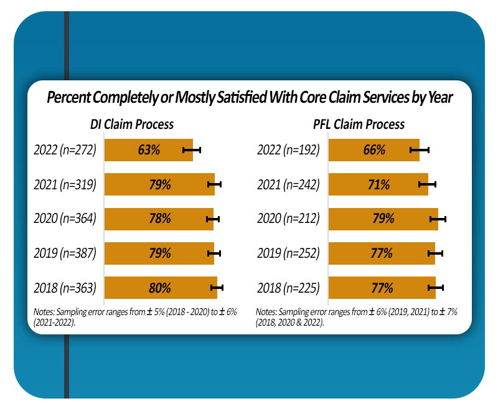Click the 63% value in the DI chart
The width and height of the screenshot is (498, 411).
coord(149,150)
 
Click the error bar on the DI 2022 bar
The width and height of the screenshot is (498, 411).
coord(192,150)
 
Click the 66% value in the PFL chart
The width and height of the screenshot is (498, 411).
coord(374,150)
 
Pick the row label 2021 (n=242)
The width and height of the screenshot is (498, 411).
coord(288,184)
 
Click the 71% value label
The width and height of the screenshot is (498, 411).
coord(378,184)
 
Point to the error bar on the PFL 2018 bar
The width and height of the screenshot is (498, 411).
coord(436,288)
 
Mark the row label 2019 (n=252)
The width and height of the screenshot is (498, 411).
coord(288,253)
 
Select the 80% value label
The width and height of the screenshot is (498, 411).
coord(160,288)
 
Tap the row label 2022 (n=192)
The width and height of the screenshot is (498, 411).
coord(288,150)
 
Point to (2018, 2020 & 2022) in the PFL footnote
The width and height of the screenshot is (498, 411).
coord(289,323)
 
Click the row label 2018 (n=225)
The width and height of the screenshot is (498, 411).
coord(288,288)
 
